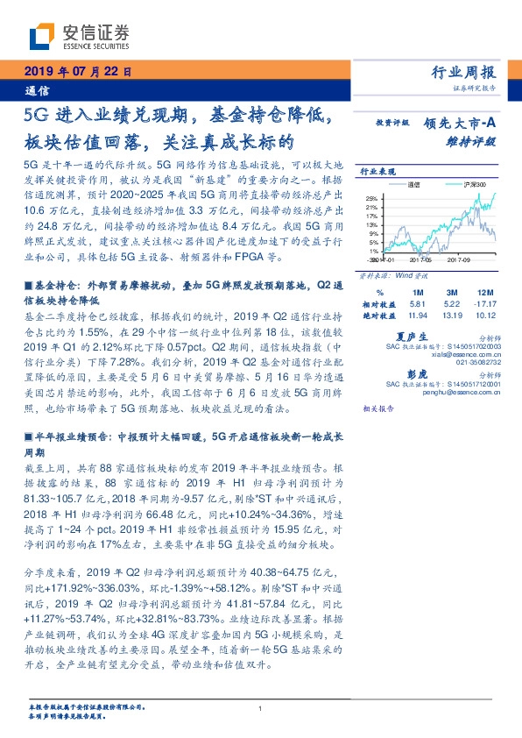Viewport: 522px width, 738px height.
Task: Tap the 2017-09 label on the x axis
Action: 458,260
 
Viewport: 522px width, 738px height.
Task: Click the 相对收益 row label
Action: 379,302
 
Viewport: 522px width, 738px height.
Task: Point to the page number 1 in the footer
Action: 261,709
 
